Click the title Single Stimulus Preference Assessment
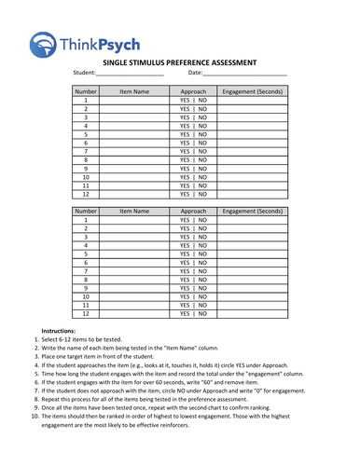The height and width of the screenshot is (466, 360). [179, 62]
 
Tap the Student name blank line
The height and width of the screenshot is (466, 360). [130, 74]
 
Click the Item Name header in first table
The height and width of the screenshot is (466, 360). [134, 92]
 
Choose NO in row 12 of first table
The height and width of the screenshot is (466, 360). [203, 195]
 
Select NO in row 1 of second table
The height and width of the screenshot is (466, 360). [203, 220]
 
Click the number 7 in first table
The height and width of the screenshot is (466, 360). [86, 152]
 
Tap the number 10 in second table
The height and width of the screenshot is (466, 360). [86, 296]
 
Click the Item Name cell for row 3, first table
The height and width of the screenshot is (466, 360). [134, 117]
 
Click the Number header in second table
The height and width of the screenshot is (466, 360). [86, 212]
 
